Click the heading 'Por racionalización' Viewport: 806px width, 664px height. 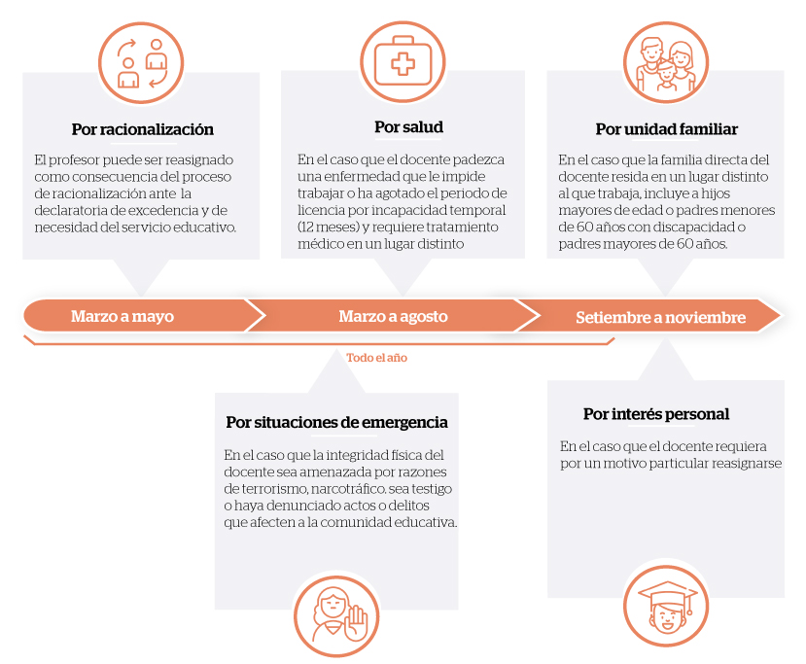point(142,129)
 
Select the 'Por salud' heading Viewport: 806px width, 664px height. point(408,127)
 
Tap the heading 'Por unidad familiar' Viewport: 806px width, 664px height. point(667,129)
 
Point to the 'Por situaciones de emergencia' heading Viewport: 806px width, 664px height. point(336,422)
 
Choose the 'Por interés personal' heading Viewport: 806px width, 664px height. point(656,414)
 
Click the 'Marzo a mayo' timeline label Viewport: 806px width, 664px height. point(123,316)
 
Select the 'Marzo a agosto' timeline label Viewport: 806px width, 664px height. point(393,316)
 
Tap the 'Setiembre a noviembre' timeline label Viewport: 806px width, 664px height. point(660,317)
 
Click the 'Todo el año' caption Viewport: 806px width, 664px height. point(377,358)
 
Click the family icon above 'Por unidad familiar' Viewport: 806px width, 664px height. point(666,62)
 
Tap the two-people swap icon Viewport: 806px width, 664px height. point(141,63)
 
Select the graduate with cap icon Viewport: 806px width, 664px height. point(666,606)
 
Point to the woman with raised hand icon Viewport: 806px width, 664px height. point(336,615)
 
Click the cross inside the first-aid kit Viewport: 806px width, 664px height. point(403,64)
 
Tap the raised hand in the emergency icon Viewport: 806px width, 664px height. point(356,623)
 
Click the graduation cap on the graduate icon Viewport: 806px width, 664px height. point(667,595)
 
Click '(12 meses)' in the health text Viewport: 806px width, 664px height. point(329,227)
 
